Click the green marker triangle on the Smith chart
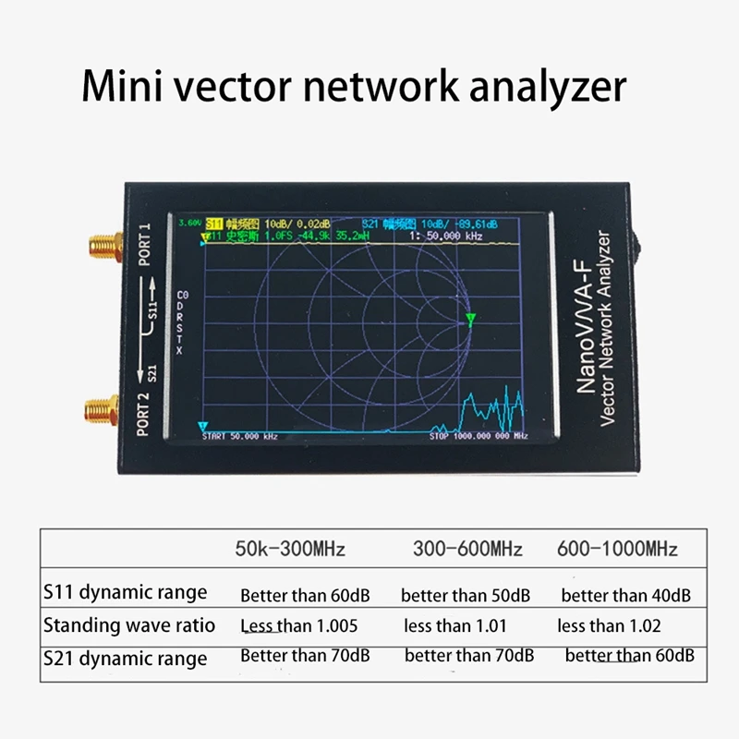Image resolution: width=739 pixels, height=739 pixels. click(x=470, y=321)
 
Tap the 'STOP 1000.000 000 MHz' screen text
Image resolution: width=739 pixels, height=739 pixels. click(x=478, y=435)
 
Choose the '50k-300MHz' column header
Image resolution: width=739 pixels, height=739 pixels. click(x=290, y=550)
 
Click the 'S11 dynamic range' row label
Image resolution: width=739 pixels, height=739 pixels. click(x=125, y=592)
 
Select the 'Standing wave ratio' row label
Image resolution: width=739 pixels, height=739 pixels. click(x=129, y=625)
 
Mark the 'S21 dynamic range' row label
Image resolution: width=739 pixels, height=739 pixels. click(x=125, y=659)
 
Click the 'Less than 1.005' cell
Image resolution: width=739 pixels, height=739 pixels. click(x=298, y=626)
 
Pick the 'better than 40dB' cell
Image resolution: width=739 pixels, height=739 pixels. click(x=625, y=596)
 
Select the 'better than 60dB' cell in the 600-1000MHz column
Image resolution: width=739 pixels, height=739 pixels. click(x=629, y=657)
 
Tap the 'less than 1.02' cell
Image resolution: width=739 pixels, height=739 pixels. click(x=609, y=626)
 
